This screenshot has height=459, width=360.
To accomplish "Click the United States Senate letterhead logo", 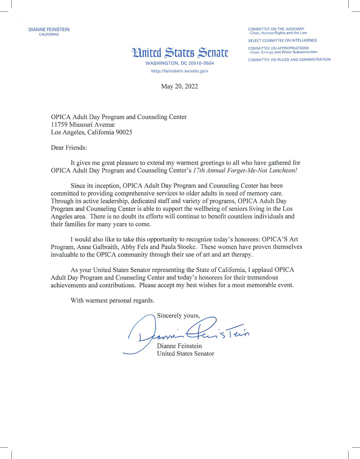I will click(180, 53).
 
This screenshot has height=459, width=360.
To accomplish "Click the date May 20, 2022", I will click(179, 87).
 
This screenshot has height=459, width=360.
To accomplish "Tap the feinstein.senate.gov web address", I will click(179, 71).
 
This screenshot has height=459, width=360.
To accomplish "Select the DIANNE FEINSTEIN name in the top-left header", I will click(49, 30).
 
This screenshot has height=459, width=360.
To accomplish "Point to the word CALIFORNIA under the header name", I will click(49, 35).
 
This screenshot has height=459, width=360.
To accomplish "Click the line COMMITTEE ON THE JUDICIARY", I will click(276, 29).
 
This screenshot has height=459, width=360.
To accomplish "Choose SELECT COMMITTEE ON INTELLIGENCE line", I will click(282, 41).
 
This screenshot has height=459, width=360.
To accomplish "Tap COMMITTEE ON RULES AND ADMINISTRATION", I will click(289, 60).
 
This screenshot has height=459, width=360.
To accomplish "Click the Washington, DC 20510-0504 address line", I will click(179, 63).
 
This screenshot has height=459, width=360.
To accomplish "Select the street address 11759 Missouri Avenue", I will click(83, 125).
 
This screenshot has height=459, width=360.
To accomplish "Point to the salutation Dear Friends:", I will click(69, 148).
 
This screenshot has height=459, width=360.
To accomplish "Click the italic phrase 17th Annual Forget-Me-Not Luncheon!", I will click(245, 171).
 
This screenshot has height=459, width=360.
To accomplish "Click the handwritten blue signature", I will click(187, 332).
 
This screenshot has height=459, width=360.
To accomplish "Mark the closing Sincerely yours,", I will click(178, 316).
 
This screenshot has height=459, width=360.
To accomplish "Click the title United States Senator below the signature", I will click(185, 354).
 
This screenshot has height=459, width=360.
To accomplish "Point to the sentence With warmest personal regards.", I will click(112, 300).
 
